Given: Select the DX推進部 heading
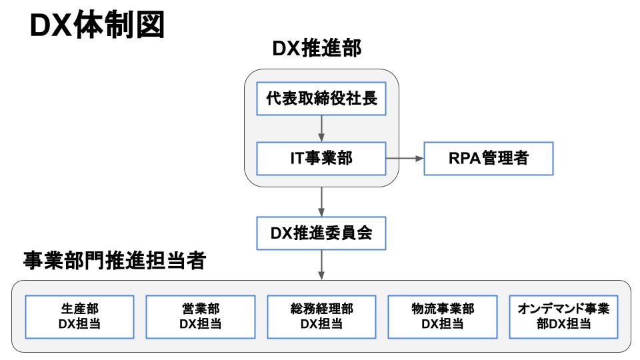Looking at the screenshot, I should [x=321, y=50].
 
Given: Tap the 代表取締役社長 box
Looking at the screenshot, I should [x=321, y=99].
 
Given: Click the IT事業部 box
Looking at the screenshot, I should [x=321, y=159].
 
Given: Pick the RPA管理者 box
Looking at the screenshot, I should [x=488, y=159].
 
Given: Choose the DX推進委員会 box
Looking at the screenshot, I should [x=321, y=233].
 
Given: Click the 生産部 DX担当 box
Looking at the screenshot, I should [x=79, y=316].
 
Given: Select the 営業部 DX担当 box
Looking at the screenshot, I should [x=200, y=316].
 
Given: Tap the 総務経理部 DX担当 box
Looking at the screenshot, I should [x=321, y=316].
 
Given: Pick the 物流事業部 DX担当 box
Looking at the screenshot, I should [x=443, y=316].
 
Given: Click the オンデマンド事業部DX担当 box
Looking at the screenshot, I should [x=563, y=316].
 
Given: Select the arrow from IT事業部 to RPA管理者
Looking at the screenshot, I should [x=405, y=159].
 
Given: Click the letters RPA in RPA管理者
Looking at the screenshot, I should [x=461, y=159].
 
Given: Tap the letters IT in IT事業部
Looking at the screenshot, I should [x=296, y=159].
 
